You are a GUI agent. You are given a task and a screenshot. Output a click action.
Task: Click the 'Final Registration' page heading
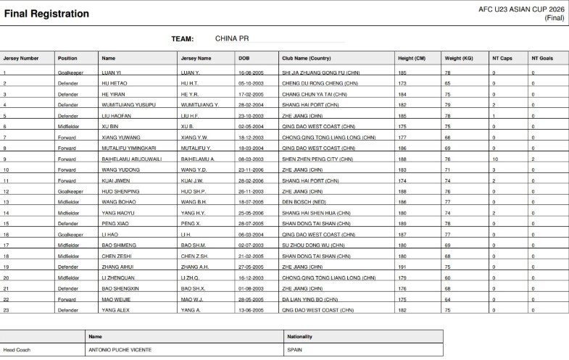click(x=47, y=14)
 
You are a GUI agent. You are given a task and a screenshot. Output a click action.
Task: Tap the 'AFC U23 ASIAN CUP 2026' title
click(x=520, y=9)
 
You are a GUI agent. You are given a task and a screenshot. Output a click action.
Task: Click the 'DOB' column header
click(x=244, y=58)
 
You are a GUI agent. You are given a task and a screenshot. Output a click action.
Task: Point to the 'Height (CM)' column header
click(x=411, y=58)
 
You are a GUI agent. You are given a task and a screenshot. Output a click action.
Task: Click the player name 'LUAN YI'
click(x=112, y=73)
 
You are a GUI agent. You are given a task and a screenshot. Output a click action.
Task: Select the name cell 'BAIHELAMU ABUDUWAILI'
click(x=128, y=159)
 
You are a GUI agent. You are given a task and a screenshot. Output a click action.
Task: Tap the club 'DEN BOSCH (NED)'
click(x=305, y=202)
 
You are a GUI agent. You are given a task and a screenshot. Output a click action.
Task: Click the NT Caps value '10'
click(x=495, y=159)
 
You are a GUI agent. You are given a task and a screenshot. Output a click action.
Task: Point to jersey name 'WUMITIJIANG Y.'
click(x=199, y=105)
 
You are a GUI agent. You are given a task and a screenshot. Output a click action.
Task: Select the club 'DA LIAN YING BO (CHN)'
click(x=311, y=299)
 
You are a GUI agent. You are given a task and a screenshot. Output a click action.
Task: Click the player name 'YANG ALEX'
click(x=115, y=310)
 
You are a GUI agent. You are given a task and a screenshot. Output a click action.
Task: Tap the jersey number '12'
click(x=6, y=191)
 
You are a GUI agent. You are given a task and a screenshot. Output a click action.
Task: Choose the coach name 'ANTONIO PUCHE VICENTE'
click(x=120, y=350)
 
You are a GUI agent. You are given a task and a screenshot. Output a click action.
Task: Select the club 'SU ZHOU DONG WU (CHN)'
click(x=312, y=245)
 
